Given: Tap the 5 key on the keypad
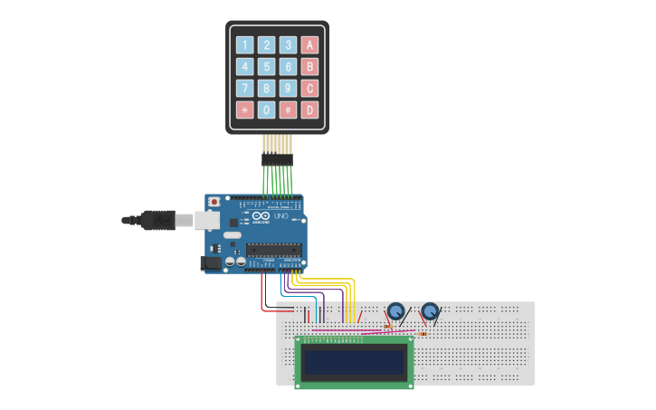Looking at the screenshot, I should [x=266, y=66].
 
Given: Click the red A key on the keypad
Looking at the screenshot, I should [x=309, y=44].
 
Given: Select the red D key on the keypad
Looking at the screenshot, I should [x=309, y=110].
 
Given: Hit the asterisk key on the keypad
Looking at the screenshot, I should [x=244, y=110].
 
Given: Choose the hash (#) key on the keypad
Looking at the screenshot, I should [x=288, y=110].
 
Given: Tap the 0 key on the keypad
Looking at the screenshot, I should [x=266, y=110].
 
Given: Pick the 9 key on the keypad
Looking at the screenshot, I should [x=288, y=88].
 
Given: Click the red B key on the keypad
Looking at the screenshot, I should [x=309, y=66].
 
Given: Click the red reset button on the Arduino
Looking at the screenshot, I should [x=214, y=202].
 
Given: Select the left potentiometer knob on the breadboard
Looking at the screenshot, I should [x=395, y=311].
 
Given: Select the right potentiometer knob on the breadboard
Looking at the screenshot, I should [x=430, y=311].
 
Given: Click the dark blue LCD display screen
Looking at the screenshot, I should [x=354, y=361].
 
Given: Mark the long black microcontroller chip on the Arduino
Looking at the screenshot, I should [x=273, y=250].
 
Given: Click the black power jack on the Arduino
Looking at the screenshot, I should [x=210, y=263].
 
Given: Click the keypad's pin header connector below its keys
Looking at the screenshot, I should [x=277, y=158].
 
